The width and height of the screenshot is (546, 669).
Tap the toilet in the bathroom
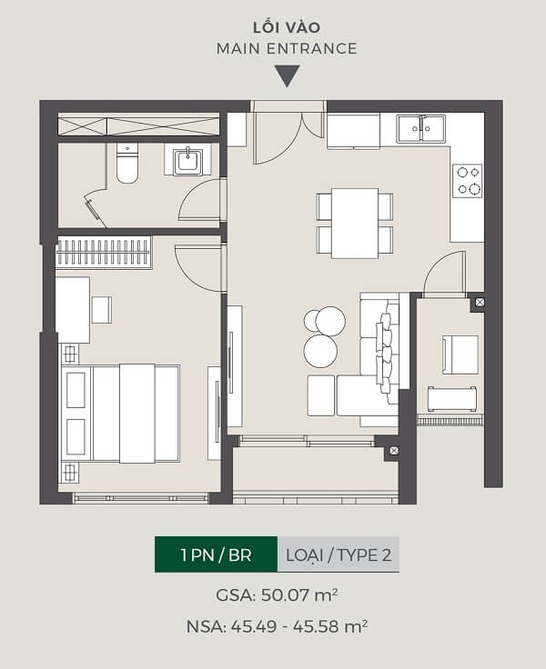pyautogui.click(x=127, y=164)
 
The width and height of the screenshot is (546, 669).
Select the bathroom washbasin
pyautogui.click(x=188, y=161)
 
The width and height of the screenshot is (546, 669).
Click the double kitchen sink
pyautogui.click(x=420, y=128)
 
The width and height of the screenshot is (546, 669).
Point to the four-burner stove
pyautogui.click(x=468, y=181)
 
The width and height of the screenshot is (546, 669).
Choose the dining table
pyautogui.click(x=355, y=223)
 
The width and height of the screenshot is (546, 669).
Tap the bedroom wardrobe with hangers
pyautogui.click(x=103, y=252)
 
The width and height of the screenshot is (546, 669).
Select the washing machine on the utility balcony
pyautogui.click(x=460, y=354)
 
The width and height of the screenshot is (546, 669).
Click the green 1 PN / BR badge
pyautogui.click(x=217, y=554)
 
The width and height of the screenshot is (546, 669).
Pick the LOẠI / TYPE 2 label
pyautogui.click(x=339, y=554)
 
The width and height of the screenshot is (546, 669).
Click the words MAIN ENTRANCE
pyautogui.click(x=287, y=49)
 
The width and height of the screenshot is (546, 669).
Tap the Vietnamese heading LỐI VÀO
pyautogui.click(x=287, y=27)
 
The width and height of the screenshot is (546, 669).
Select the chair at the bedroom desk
pyautogui.click(x=102, y=310)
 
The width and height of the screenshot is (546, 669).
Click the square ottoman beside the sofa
pyautogui.click(x=321, y=395)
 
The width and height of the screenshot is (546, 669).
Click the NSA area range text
pyautogui.click(x=277, y=626)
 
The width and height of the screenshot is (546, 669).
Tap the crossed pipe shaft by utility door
pyautogui.click(x=480, y=302)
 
